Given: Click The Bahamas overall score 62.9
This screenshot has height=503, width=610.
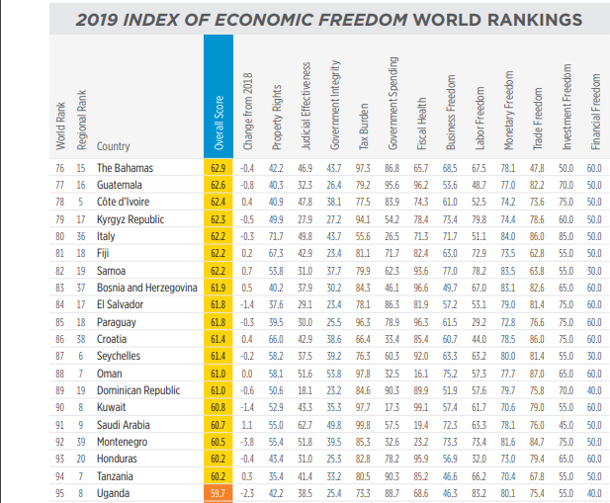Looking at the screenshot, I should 218,168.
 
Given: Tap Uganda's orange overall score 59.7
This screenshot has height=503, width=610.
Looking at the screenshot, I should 218,491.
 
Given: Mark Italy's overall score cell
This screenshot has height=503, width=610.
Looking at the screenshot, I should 218,236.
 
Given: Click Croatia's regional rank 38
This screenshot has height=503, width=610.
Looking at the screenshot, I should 82,338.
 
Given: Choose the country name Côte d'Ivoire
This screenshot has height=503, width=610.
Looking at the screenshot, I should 128,202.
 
